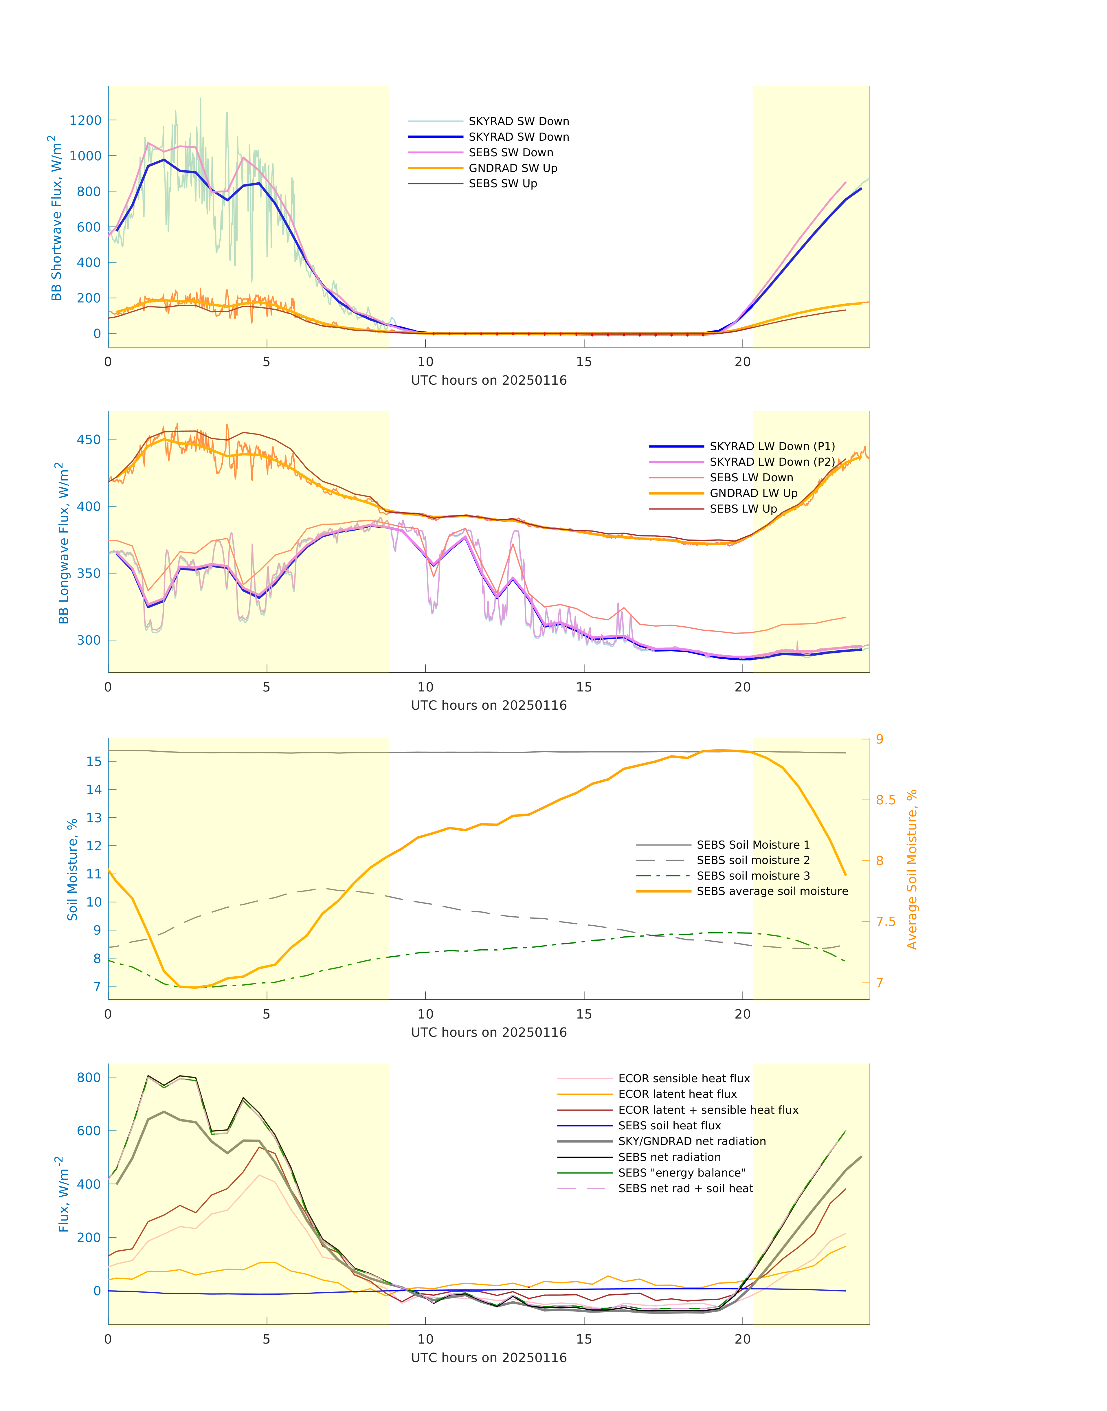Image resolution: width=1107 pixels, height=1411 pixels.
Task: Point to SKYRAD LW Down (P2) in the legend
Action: click(x=772, y=462)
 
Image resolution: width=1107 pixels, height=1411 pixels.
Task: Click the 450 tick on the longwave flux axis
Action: click(x=89, y=439)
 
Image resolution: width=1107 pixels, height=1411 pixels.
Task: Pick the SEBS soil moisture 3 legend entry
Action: click(x=753, y=876)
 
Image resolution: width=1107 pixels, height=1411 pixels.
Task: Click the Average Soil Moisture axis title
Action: click(x=912, y=869)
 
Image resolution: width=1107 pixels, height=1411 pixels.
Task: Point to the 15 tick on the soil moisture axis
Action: click(x=94, y=762)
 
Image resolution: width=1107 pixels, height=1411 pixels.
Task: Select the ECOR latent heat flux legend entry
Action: click(x=677, y=1094)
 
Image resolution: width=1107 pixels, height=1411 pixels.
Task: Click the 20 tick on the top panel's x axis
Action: click(x=743, y=362)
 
